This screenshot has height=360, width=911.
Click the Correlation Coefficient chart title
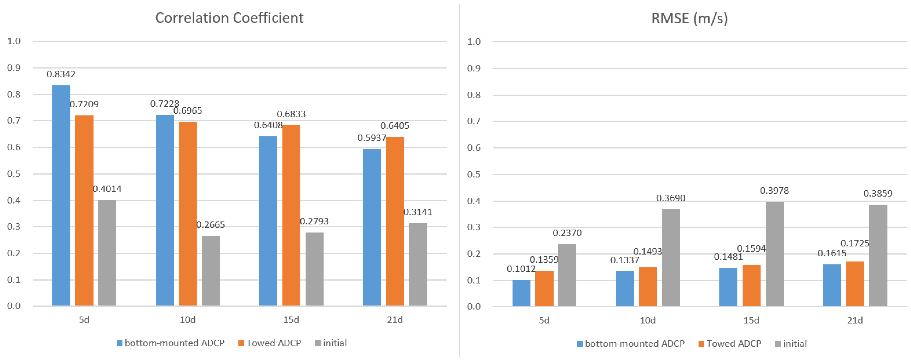click(x=229, y=18)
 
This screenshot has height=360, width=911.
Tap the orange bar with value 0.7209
click(x=84, y=210)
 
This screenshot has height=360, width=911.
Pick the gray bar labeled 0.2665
click(x=211, y=270)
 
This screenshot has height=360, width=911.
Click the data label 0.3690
click(x=670, y=198)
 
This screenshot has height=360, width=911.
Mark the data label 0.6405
click(x=395, y=126)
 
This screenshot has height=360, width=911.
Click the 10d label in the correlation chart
click(x=187, y=320)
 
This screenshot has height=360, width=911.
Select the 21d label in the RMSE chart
click(x=855, y=320)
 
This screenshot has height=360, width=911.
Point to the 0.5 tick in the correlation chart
click(x=14, y=174)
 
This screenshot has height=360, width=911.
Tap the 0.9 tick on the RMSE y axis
click(x=474, y=68)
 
